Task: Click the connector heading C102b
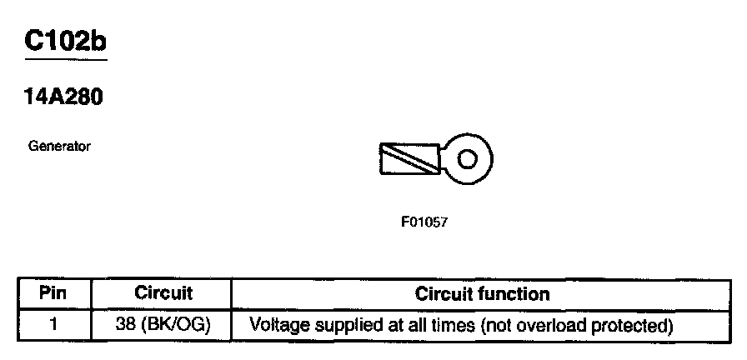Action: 67,42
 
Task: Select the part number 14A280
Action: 63,98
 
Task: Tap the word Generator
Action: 59,147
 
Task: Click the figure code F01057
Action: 424,223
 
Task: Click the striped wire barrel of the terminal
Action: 409,158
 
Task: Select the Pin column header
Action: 53,294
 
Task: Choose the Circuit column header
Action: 163,294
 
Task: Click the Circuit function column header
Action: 482,294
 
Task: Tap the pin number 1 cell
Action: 53,323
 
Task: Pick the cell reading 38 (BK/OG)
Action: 163,323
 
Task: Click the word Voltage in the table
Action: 276,323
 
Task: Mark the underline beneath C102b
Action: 67,60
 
